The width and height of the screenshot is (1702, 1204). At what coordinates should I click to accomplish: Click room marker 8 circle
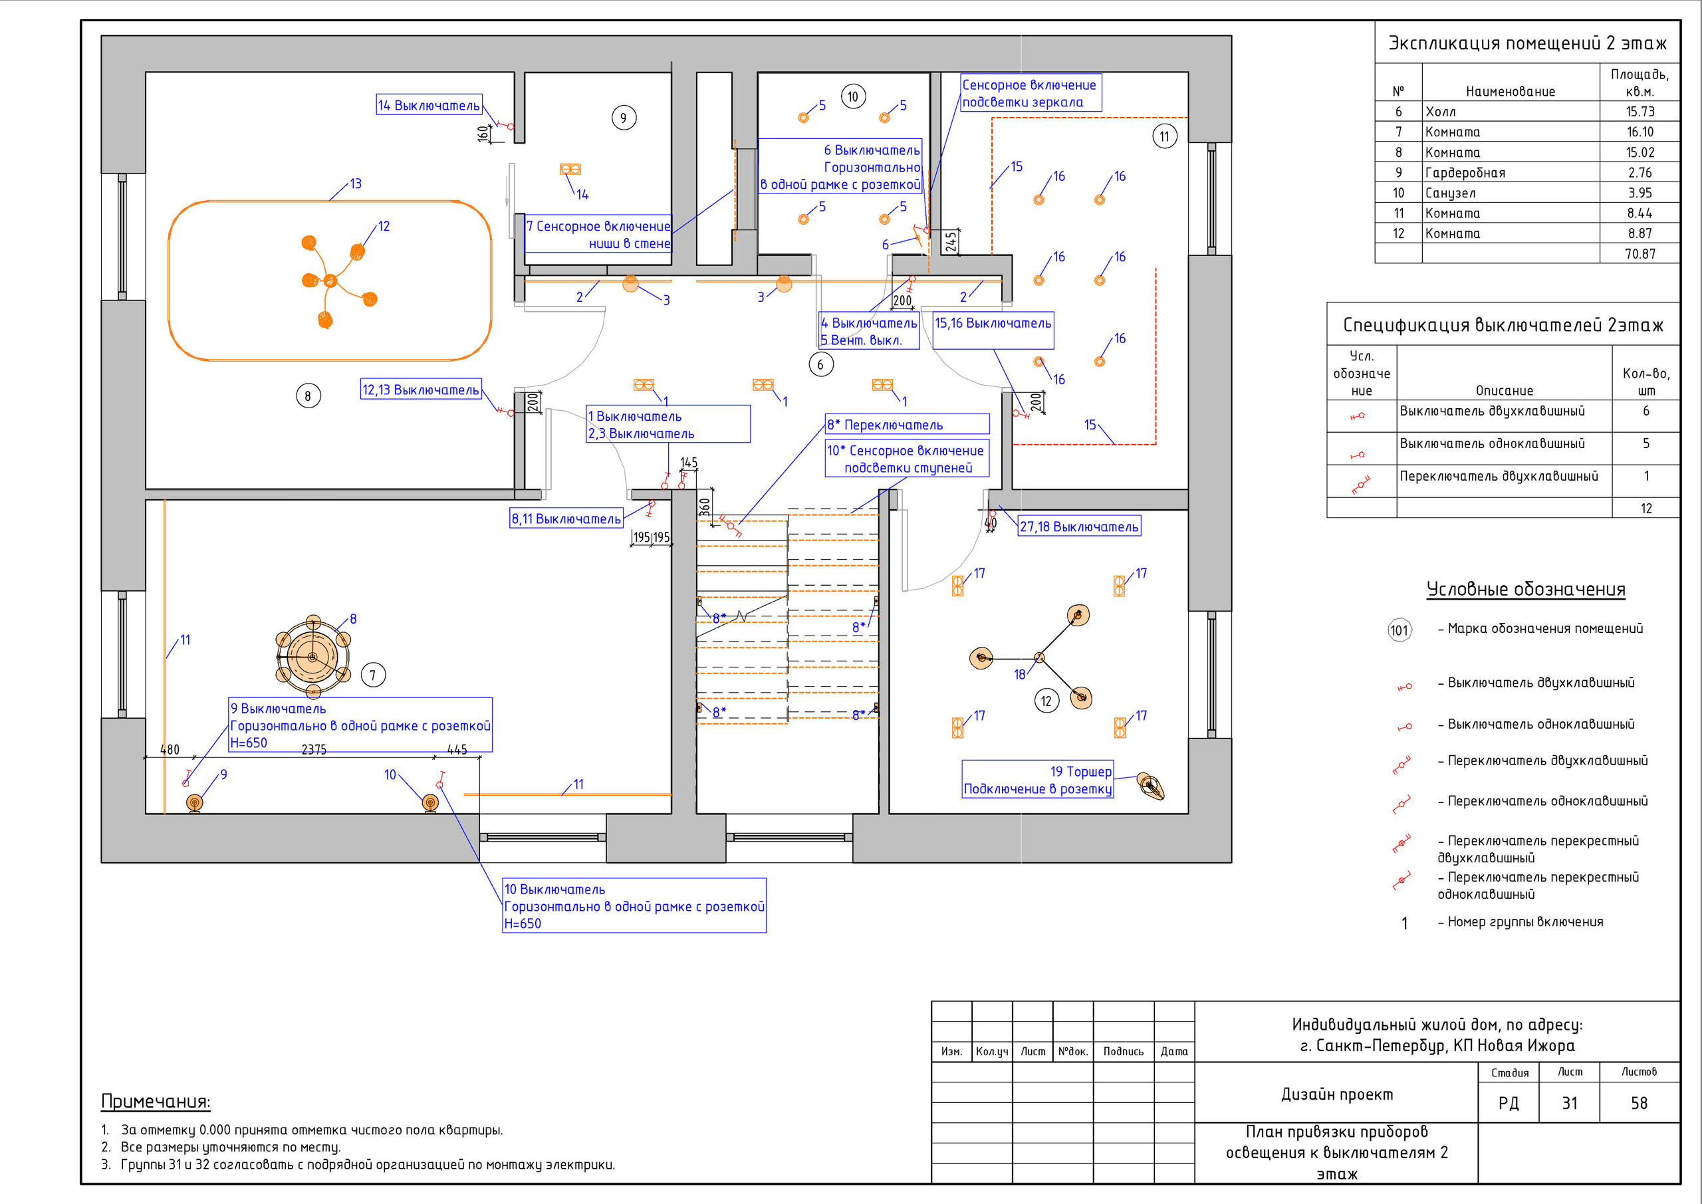(308, 396)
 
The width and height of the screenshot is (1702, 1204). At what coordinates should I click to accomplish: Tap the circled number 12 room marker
(1046, 701)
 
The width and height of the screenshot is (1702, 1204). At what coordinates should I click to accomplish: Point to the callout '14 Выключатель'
(429, 105)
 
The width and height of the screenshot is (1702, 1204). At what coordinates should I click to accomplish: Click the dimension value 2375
(314, 749)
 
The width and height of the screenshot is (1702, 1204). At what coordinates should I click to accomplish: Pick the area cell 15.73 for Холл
(1640, 111)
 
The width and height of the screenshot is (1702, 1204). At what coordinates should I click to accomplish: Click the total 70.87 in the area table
(1640, 253)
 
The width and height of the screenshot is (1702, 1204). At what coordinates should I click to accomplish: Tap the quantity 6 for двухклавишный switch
(1645, 411)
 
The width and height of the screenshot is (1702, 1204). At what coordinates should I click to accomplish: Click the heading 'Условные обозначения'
(1526, 590)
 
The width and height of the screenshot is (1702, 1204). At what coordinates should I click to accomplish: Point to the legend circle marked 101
(1399, 630)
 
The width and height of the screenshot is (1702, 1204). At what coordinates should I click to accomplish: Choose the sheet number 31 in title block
(1569, 1103)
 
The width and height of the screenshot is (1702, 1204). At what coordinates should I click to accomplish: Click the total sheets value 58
(1639, 1103)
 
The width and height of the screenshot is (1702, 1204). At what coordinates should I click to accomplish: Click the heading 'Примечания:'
(156, 1102)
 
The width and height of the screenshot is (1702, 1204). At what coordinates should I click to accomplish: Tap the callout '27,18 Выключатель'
(1078, 527)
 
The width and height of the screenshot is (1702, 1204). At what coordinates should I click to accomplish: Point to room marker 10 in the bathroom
(853, 96)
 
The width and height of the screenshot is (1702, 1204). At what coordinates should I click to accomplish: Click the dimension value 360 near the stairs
(705, 507)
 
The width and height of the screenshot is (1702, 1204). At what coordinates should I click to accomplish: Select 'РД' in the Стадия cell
(1509, 1103)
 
